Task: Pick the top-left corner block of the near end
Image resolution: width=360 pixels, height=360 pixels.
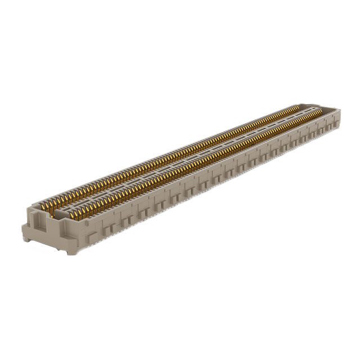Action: point(31,210)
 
